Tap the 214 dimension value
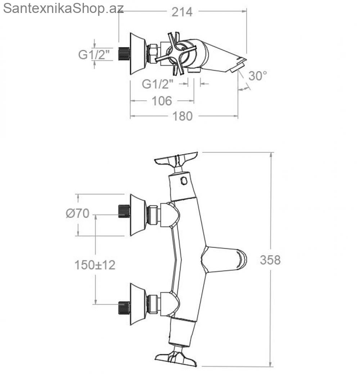tap(182, 12)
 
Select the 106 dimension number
tap(162, 101)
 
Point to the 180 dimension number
tap(183, 116)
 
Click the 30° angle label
tap(257, 76)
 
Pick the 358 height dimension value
tap(270, 260)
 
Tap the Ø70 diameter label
tap(77, 213)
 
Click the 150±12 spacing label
tap(95, 265)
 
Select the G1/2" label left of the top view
tap(94, 54)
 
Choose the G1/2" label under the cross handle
tap(157, 84)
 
